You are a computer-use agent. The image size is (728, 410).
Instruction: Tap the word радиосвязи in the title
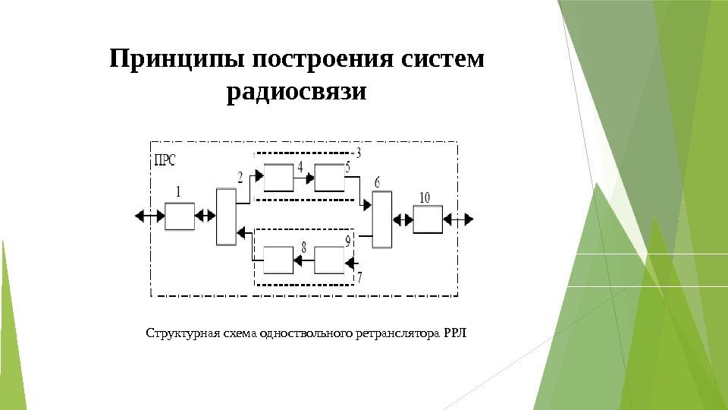297,93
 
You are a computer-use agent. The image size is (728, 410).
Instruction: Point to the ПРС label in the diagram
165,159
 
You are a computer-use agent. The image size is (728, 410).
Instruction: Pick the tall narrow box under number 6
382,219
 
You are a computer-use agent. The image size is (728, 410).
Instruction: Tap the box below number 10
428,219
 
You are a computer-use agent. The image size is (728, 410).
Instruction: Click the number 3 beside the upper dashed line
357,153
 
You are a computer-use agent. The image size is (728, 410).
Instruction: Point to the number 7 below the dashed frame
359,278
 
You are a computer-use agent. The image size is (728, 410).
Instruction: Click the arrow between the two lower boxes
304,261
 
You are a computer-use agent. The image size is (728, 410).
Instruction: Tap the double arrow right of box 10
460,219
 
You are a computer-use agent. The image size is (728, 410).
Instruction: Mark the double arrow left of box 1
149,216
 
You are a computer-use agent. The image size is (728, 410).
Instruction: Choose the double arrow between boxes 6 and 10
403,220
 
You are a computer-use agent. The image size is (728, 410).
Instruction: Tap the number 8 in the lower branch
303,248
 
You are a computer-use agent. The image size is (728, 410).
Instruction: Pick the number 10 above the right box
424,197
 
